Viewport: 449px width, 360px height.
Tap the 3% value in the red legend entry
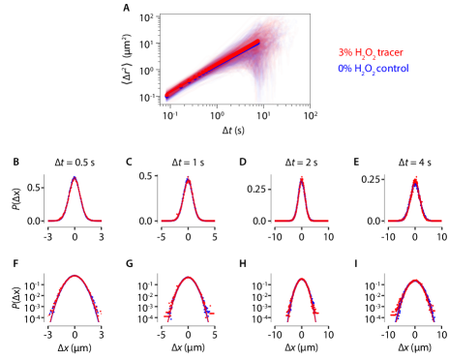(x=344, y=53)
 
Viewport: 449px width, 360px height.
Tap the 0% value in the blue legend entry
(x=344, y=70)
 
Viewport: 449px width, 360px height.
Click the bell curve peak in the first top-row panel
(x=75, y=179)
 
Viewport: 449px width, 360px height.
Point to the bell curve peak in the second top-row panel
(x=188, y=180)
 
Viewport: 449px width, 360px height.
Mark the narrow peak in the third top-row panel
(x=301, y=180)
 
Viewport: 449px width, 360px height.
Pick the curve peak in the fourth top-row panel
(x=415, y=181)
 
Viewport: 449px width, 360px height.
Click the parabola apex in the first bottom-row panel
(x=75, y=277)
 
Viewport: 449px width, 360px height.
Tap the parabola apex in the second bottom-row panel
(x=188, y=279)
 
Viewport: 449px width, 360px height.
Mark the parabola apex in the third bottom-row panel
(x=301, y=280)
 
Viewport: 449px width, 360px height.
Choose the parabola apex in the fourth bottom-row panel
(x=415, y=282)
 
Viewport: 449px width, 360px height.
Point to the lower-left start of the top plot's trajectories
(x=168, y=95)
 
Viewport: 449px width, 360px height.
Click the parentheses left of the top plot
(x=127, y=74)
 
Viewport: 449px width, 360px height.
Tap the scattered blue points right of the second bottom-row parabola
(x=207, y=310)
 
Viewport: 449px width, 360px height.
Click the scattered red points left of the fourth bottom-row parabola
(x=395, y=313)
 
